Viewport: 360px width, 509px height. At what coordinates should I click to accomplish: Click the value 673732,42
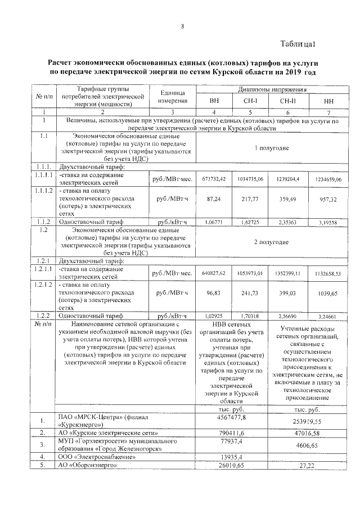tap(213, 178)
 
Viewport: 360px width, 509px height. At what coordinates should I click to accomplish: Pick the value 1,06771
tap(213, 221)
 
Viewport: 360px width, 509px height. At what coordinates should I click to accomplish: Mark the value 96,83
tap(213, 294)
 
